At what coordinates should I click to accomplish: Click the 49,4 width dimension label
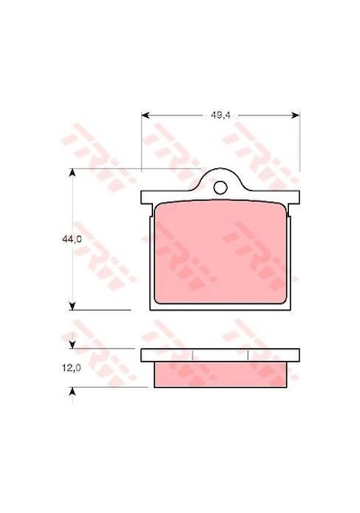(x=220, y=115)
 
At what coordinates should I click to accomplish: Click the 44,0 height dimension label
(x=72, y=239)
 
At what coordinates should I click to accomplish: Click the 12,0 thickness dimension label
(x=71, y=368)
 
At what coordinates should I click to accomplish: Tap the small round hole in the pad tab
(x=220, y=187)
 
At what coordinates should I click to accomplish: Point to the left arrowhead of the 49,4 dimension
(x=146, y=115)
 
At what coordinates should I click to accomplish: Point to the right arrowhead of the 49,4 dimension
(x=295, y=115)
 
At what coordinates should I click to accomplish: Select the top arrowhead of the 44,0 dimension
(x=72, y=173)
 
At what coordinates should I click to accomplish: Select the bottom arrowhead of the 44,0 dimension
(x=72, y=306)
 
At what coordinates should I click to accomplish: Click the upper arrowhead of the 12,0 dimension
(x=72, y=345)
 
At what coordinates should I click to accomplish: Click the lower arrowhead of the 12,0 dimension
(x=72, y=391)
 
